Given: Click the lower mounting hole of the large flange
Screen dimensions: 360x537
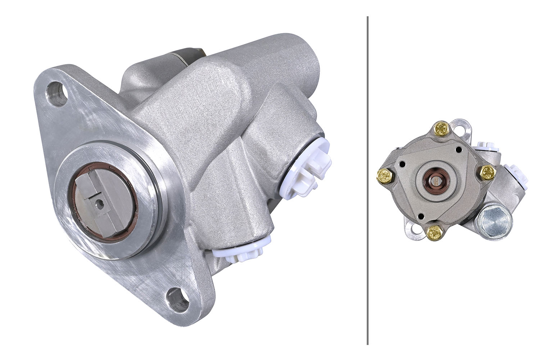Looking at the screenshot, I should coord(178,299).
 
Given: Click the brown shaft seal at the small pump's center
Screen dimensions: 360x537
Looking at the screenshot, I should coord(436,180).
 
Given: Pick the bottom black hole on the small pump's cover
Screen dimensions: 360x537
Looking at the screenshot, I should coord(420,217).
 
